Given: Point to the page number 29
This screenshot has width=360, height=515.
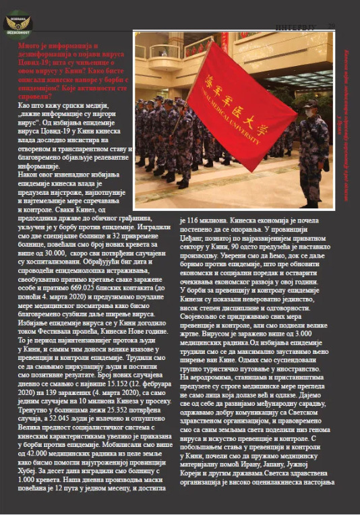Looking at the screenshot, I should click(x=332, y=26).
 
